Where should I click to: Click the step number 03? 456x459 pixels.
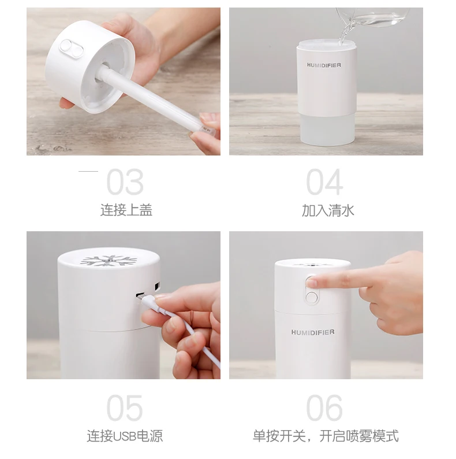click(x=125, y=182)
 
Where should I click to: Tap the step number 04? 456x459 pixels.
click(x=324, y=182)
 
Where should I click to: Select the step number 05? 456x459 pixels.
click(x=125, y=408)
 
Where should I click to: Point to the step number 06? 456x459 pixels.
click(x=324, y=408)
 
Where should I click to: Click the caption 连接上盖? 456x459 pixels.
click(x=126, y=210)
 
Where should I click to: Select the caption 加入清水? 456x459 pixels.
click(x=328, y=210)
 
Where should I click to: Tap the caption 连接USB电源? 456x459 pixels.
click(x=125, y=436)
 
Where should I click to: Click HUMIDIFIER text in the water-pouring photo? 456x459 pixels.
click(x=324, y=65)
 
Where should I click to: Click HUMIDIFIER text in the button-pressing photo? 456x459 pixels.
click(x=313, y=332)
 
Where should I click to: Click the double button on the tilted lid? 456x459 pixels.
click(x=72, y=49)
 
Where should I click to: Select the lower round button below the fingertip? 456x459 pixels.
click(x=312, y=297)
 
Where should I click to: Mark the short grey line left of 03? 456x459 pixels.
click(x=88, y=171)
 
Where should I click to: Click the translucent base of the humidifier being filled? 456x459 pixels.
click(x=327, y=129)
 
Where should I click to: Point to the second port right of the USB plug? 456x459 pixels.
click(x=157, y=286)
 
